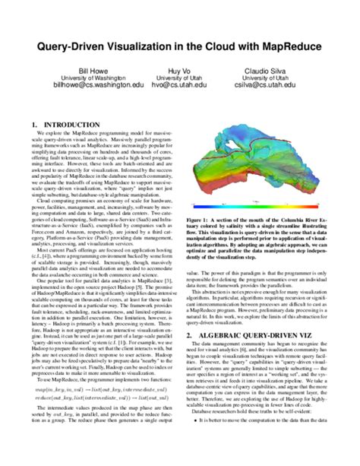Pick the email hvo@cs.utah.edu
coord(179,86)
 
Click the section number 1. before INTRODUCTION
coord(34,123)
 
